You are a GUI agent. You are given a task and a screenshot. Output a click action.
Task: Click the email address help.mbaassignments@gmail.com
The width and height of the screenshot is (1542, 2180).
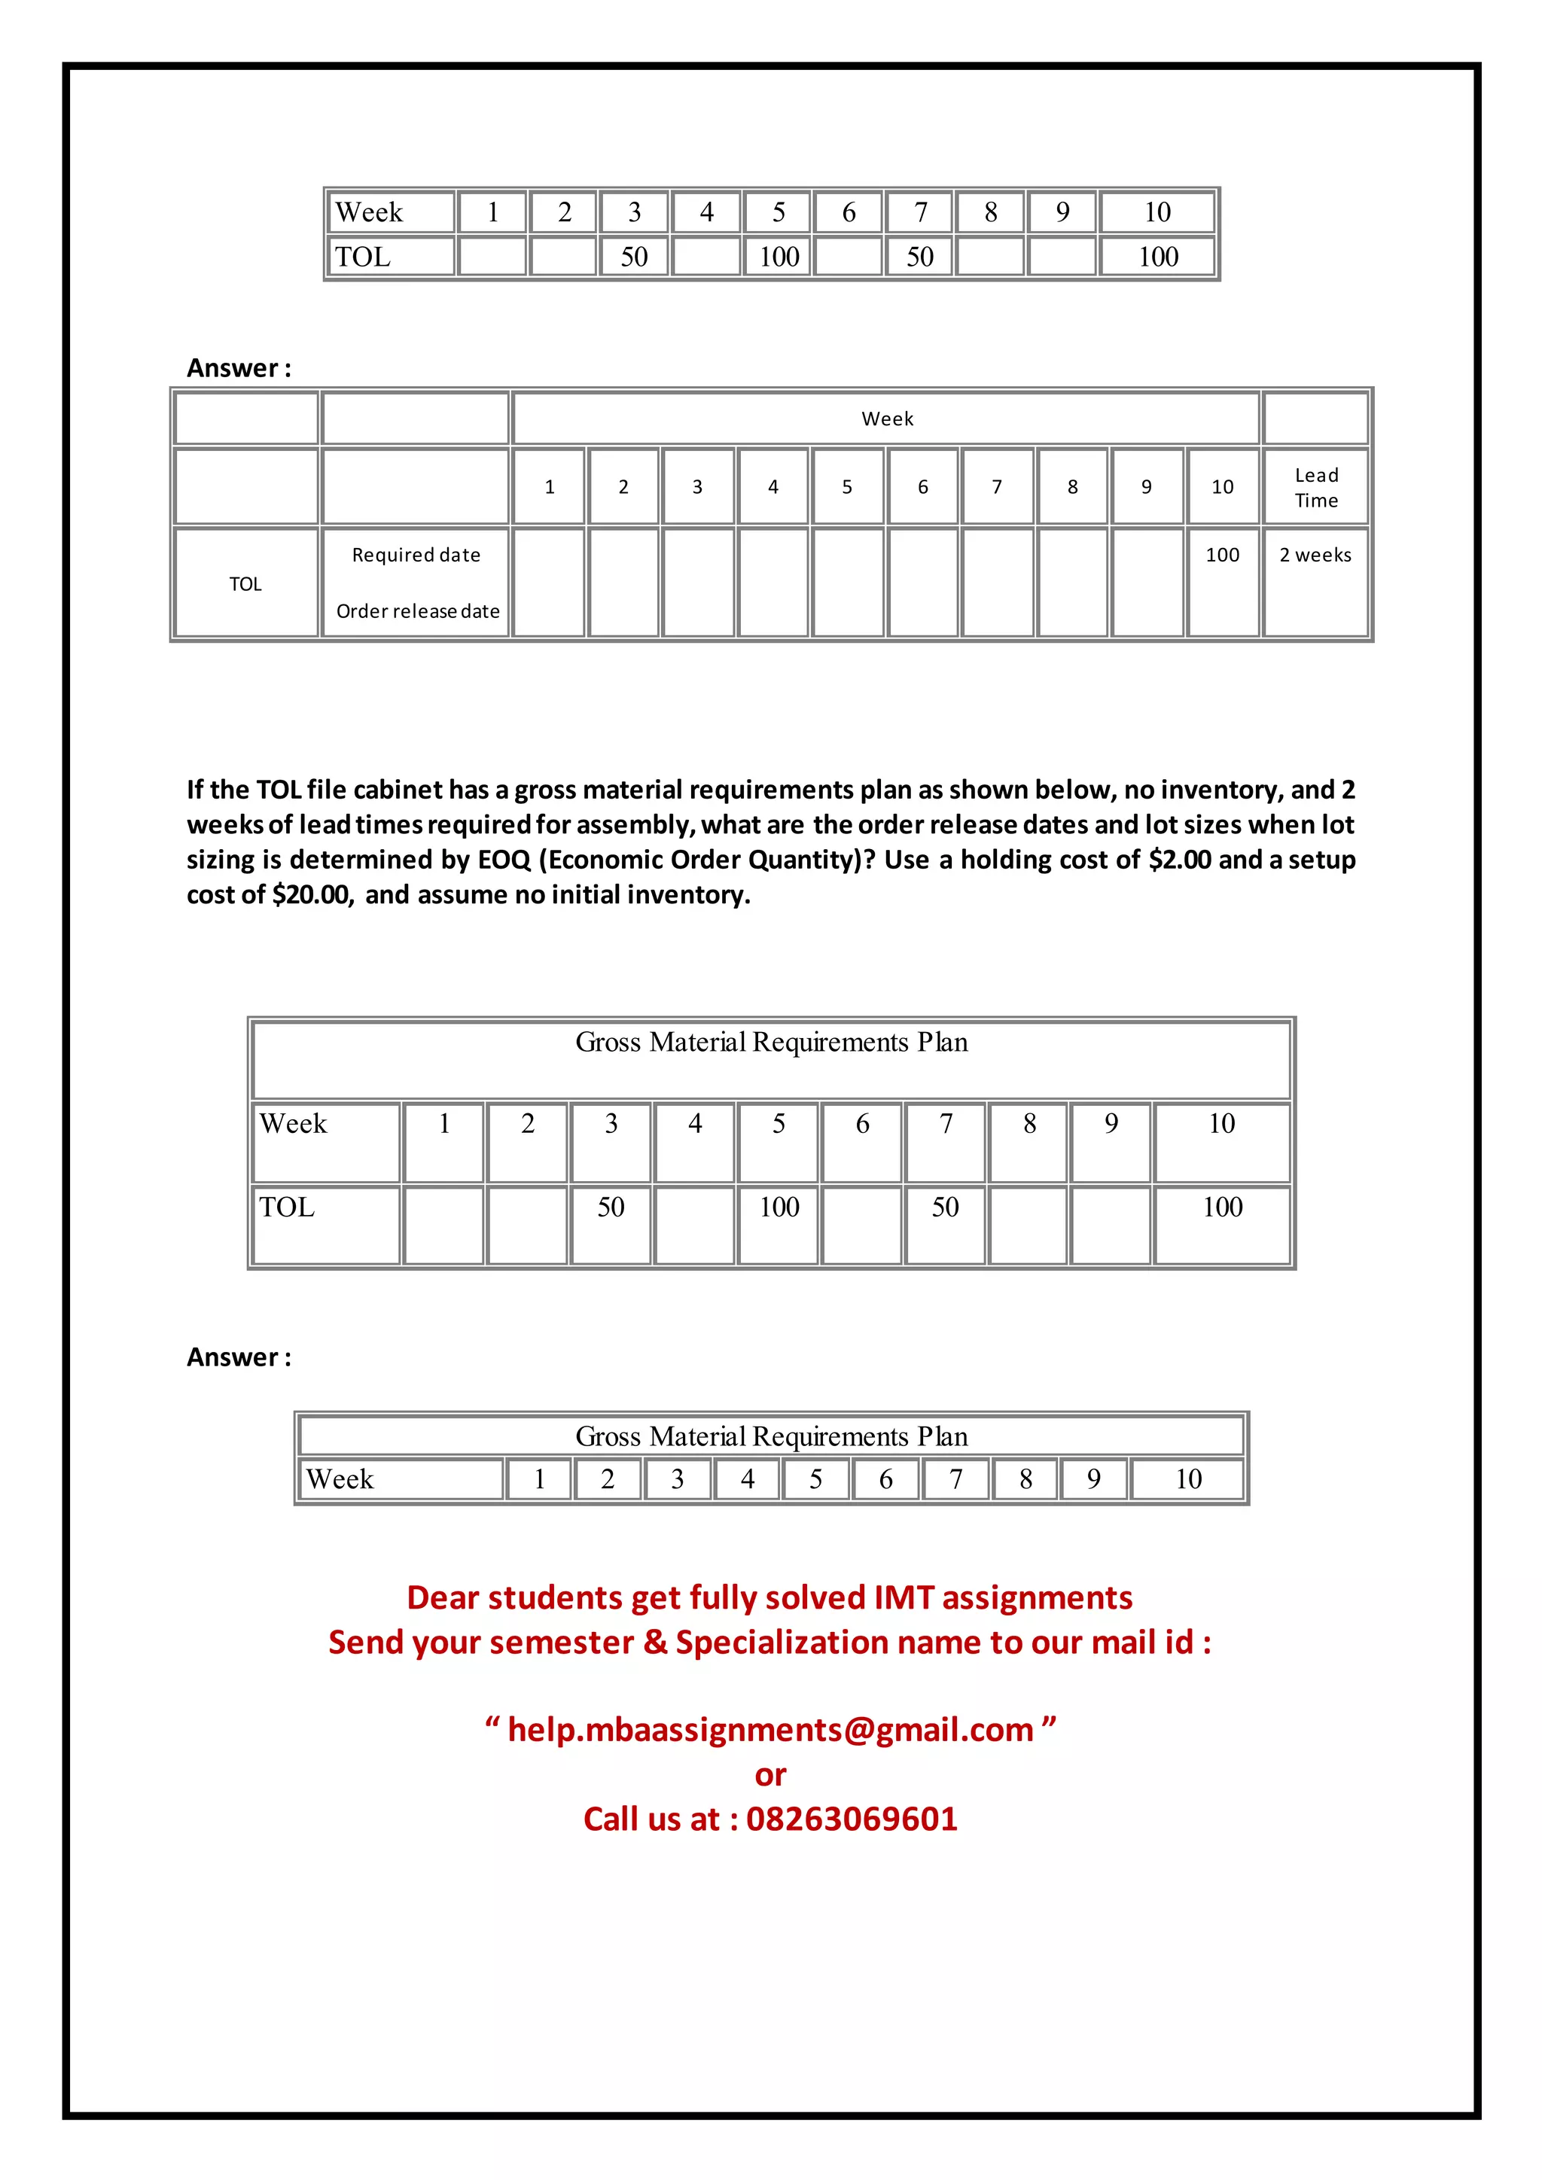(770, 1730)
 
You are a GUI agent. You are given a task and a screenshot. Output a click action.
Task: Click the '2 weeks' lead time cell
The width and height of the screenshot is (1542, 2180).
(1315, 556)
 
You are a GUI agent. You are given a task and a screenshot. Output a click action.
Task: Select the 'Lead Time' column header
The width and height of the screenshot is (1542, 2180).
(1316, 487)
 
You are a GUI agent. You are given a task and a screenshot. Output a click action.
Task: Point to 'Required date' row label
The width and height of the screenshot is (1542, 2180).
(416, 556)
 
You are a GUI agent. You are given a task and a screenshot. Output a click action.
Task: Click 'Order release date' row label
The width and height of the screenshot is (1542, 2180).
(418, 611)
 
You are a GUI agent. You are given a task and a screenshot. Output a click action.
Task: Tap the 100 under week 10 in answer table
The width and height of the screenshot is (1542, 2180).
(1222, 556)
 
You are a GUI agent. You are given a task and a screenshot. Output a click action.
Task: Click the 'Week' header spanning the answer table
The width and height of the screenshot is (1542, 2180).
(887, 419)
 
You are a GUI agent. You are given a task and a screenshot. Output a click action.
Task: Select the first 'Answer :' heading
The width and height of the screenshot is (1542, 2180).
(239, 368)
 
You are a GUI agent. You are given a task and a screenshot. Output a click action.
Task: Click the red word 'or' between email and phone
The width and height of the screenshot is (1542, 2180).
(770, 1774)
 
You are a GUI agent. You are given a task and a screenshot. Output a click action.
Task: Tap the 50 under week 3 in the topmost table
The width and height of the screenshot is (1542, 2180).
(634, 257)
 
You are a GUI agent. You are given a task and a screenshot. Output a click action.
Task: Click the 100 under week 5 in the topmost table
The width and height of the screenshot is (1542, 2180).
(779, 257)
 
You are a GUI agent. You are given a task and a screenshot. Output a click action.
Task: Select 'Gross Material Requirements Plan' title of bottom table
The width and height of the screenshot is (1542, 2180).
(771, 1436)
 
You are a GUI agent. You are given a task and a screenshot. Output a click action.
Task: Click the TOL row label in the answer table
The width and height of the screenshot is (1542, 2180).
(245, 584)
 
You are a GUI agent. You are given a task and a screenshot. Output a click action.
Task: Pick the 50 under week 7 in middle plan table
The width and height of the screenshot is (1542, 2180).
(945, 1207)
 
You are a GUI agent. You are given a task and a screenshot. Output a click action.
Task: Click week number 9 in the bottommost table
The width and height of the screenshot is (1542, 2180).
(1094, 1479)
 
